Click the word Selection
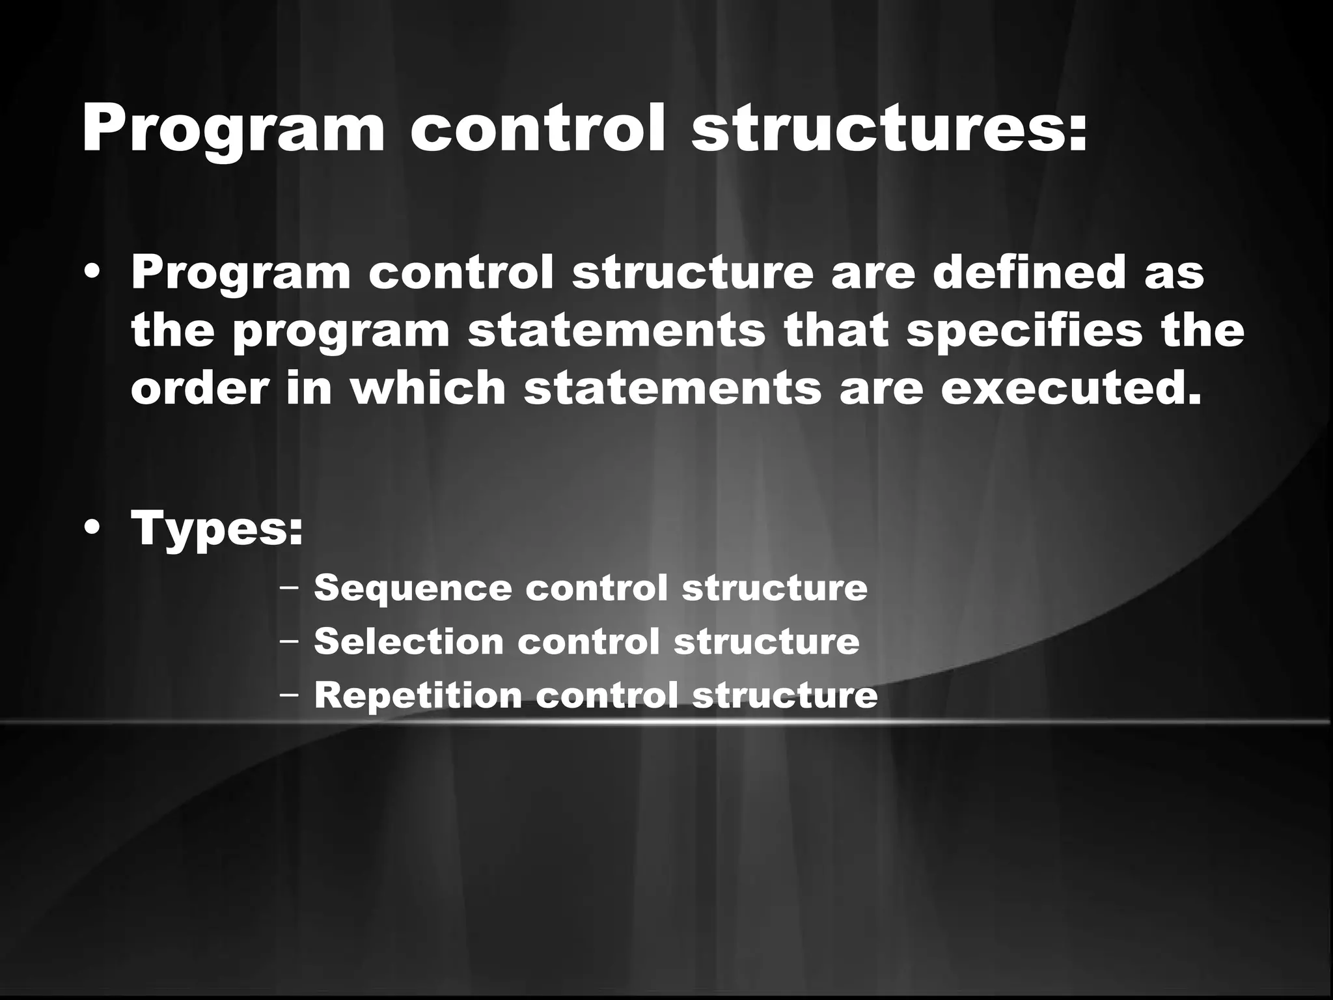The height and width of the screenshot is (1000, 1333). tap(409, 641)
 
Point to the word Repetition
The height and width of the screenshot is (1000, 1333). tap(418, 695)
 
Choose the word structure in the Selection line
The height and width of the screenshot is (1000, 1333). tap(766, 641)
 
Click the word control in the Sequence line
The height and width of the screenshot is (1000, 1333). tap(596, 588)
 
